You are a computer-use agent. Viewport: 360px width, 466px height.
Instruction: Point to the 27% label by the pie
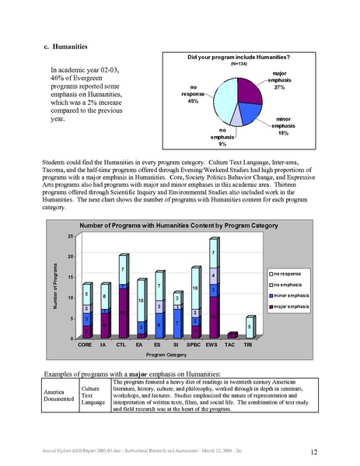(x=279, y=88)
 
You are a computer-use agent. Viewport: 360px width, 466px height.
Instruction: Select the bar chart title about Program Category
(x=159, y=225)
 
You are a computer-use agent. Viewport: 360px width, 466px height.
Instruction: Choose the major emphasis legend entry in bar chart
(x=291, y=307)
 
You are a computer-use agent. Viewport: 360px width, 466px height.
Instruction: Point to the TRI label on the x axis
(x=247, y=343)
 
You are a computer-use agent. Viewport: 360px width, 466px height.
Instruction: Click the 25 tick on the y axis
(x=70, y=237)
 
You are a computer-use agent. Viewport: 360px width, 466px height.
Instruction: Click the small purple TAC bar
(x=231, y=335)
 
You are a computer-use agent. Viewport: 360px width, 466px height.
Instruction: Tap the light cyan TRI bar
(x=248, y=328)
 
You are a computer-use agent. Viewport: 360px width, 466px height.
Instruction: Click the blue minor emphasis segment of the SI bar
(x=177, y=322)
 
